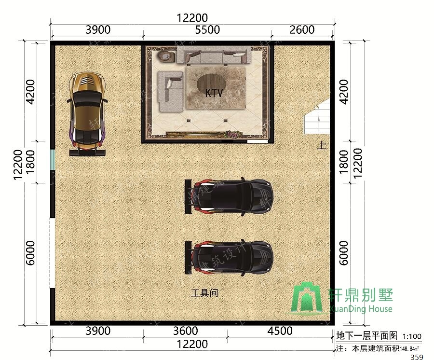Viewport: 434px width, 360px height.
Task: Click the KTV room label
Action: tap(214, 93)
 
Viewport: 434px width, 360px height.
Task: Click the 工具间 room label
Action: tap(205, 293)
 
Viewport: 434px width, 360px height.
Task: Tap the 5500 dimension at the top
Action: tap(207, 30)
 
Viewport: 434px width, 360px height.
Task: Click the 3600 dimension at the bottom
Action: tap(185, 331)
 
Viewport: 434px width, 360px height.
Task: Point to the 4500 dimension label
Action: tap(280, 331)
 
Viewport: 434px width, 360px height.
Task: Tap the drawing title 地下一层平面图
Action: tap(367, 336)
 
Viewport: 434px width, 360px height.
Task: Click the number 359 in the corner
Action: tap(417, 357)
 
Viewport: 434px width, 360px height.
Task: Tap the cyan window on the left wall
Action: tap(53, 159)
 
